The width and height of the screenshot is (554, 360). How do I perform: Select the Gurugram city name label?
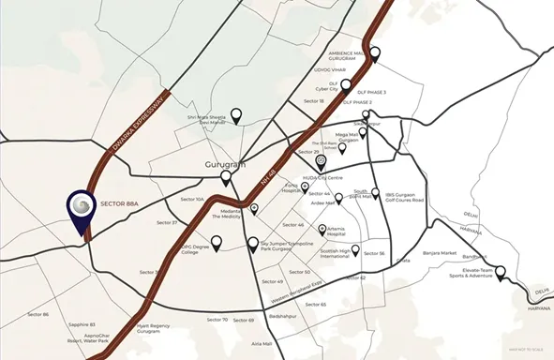224,164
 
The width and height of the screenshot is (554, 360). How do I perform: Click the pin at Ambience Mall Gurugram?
375,53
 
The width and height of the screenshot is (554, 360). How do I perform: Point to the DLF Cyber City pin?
345,86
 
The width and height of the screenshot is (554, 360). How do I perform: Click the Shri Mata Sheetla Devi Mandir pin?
237,115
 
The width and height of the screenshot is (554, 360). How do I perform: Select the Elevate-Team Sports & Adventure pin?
500,273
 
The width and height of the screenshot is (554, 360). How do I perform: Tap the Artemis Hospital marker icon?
322,230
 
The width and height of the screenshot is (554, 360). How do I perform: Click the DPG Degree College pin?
217,243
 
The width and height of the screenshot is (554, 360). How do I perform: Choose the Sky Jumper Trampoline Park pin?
252,243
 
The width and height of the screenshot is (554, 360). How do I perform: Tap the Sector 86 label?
37,314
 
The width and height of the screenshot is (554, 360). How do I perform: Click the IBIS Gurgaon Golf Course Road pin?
375,194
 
